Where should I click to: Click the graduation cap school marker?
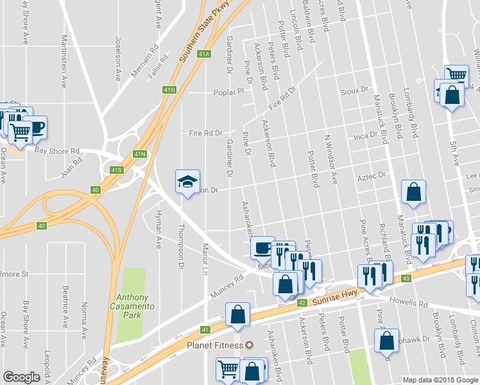[188, 182]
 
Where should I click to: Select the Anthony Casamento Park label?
[133, 302]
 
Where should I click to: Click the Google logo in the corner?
[22, 377]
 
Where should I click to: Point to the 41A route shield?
[205, 55]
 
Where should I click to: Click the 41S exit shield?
[116, 170]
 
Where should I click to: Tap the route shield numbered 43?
[406, 278]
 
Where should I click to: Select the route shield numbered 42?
[302, 303]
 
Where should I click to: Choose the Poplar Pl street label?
[229, 92]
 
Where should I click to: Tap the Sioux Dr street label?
[357, 90]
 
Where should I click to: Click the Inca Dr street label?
[364, 137]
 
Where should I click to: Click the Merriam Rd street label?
[144, 62]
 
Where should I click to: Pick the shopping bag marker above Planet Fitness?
[237, 314]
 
